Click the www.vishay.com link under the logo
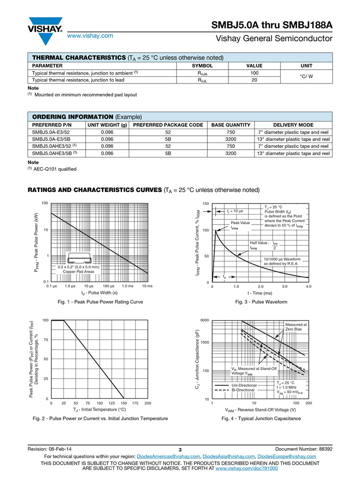pyautogui.click(x=90, y=36)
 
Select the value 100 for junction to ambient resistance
pyautogui.click(x=254, y=73)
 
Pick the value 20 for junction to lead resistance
pyautogui.click(x=254, y=80)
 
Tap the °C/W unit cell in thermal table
pyautogui.click(x=306, y=77)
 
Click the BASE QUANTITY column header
pyautogui.click(x=231, y=125)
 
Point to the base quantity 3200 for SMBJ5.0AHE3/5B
pyautogui.click(x=231, y=154)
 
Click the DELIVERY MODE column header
pyautogui.click(x=293, y=125)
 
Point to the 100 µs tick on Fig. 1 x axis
pyautogui.click(x=108, y=287)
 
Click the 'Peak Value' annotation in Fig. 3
pyautogui.click(x=240, y=223)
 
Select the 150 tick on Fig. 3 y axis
pyautogui.click(x=206, y=203)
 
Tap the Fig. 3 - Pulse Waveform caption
pyautogui.click(x=261, y=302)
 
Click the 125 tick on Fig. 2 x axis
pyautogui.click(x=112, y=404)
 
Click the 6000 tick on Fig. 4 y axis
pyautogui.click(x=204, y=321)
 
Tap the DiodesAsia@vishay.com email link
pyautogui.click(x=228, y=456)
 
